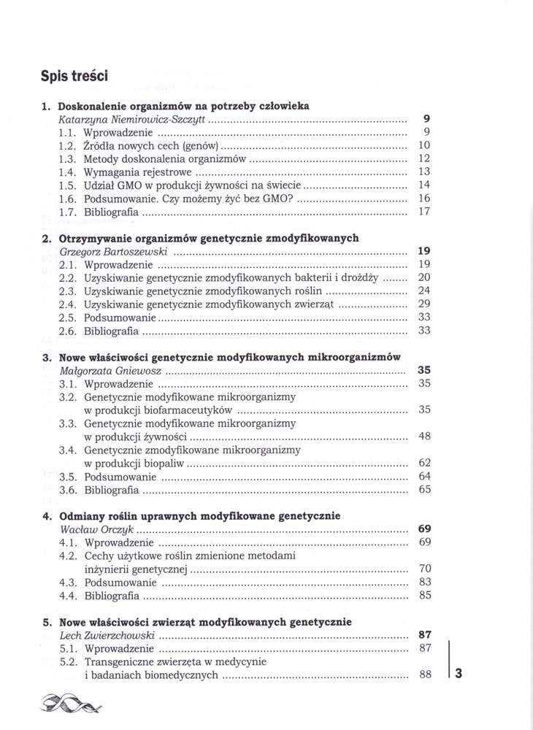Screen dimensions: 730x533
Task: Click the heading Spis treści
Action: point(76,75)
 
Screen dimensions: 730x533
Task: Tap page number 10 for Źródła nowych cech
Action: point(425,146)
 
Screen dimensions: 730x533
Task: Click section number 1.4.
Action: point(68,172)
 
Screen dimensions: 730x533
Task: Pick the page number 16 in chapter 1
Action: point(425,199)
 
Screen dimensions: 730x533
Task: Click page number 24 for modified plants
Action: point(425,291)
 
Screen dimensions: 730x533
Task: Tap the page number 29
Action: point(425,304)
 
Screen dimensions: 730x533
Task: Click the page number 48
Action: point(425,437)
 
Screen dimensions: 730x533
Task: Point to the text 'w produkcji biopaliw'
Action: point(134,463)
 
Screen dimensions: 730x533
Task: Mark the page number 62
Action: point(425,463)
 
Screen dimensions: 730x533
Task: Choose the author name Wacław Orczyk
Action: point(96,529)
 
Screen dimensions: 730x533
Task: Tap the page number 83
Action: point(425,582)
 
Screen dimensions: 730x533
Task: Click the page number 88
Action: point(425,675)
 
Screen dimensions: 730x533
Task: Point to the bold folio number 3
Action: point(459,675)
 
